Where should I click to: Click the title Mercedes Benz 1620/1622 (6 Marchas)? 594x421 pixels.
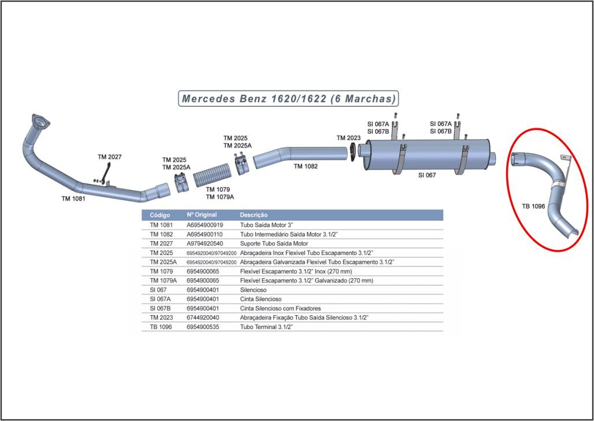coord(288,99)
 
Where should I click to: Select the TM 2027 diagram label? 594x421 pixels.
coord(109,157)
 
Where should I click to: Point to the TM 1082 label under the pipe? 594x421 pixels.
coord(306,166)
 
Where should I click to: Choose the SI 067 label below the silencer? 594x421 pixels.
coord(427,175)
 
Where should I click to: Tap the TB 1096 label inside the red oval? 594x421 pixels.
coord(533,206)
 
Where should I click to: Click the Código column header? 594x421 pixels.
coord(160,215)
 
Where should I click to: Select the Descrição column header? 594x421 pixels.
coord(254,215)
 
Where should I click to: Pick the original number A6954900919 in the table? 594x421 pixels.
coord(205,225)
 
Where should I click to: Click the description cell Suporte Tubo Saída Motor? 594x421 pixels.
coord(274,243)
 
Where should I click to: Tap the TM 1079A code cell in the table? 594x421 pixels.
coord(164,280)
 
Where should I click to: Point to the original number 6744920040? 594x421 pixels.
coord(203,317)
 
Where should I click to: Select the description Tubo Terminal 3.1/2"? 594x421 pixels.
coord(267,327)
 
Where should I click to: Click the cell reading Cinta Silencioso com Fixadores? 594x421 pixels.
coord(280,308)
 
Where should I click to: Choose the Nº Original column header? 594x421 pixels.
coord(202,215)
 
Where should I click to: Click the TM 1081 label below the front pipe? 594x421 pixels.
coord(73,198)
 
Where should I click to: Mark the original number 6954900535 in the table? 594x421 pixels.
coord(203,327)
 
